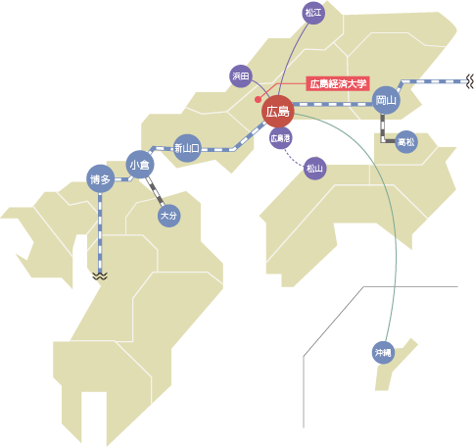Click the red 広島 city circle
(x=278, y=112)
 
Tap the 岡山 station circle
(x=386, y=100)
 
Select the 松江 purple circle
(x=313, y=13)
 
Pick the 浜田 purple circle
(x=241, y=76)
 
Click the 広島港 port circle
(x=280, y=138)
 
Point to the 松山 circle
(x=314, y=169)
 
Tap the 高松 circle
(x=406, y=142)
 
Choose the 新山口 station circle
(x=187, y=148)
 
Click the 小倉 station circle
(x=140, y=165)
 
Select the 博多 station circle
(x=101, y=178)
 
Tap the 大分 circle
(x=169, y=216)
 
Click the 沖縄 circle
(x=383, y=353)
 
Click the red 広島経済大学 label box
(x=338, y=84)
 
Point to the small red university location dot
(x=258, y=99)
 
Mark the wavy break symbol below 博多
(x=100, y=276)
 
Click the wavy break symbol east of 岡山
(x=469, y=81)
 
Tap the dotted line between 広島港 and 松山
(x=293, y=158)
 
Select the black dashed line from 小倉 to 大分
(x=155, y=191)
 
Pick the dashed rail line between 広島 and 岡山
(x=333, y=104)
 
